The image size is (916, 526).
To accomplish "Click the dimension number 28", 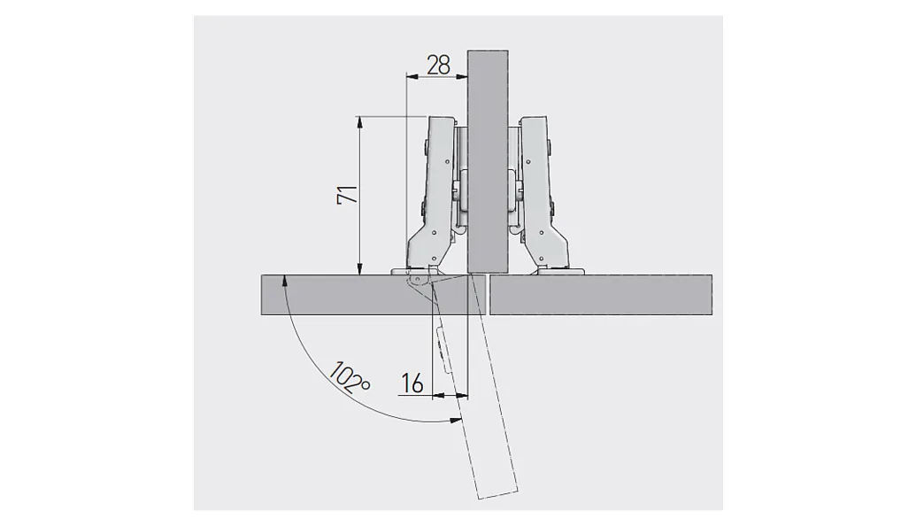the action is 439,65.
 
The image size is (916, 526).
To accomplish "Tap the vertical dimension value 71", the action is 348,195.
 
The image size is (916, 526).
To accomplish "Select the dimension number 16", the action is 412,383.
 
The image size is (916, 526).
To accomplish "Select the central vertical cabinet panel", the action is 488,162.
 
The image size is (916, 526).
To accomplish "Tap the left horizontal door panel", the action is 373,295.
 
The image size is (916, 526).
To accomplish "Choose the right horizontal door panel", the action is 601,295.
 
